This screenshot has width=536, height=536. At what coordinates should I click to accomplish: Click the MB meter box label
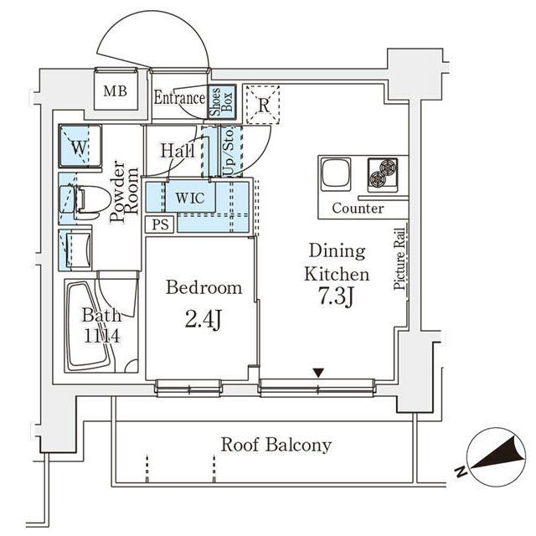tap(116, 91)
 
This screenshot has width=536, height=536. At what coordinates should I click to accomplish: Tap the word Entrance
tap(179, 98)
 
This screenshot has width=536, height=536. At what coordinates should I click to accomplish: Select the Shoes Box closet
tap(222, 102)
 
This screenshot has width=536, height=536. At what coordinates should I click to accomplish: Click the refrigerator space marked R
tap(263, 105)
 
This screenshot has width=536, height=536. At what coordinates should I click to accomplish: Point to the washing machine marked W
tap(80, 147)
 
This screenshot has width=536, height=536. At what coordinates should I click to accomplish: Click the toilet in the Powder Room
tap(90, 203)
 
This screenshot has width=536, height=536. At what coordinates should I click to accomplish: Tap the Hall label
tap(178, 151)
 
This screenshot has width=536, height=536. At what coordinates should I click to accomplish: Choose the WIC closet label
tap(190, 198)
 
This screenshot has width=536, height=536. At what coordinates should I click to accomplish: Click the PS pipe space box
tap(160, 224)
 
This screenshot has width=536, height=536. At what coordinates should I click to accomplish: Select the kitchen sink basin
tap(336, 174)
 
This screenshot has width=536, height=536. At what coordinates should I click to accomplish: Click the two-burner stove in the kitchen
tap(383, 175)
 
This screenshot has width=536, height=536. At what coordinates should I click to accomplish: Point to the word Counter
tap(358, 209)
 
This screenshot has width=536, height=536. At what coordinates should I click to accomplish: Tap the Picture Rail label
tap(399, 260)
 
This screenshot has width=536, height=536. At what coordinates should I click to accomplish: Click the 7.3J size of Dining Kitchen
tap(336, 296)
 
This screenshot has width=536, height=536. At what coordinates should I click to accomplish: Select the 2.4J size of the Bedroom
tap(204, 320)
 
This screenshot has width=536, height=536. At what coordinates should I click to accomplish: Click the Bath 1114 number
tap(101, 337)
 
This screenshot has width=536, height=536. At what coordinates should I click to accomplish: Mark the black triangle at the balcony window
tap(318, 373)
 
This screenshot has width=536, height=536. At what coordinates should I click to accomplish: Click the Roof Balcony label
tap(276, 445)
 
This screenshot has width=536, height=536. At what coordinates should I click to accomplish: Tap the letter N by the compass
tap(461, 472)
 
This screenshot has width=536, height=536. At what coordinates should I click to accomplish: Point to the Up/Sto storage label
tap(229, 152)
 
